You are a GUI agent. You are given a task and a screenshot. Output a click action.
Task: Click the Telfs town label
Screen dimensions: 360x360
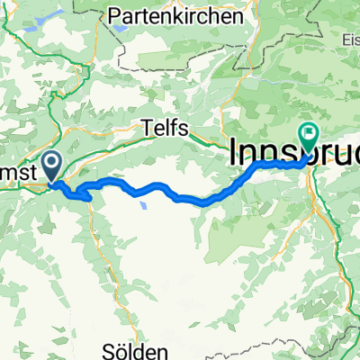tap(165, 129)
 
